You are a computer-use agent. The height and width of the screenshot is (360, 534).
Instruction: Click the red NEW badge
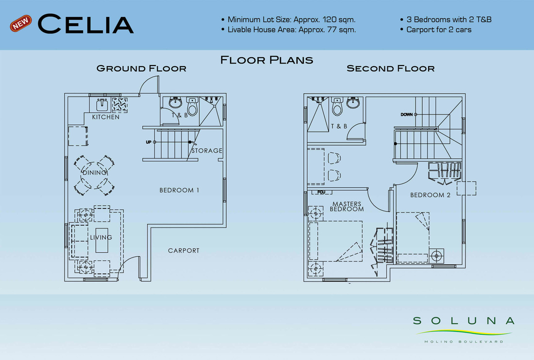point(21,23)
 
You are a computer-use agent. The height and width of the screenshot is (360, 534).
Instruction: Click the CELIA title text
point(85,24)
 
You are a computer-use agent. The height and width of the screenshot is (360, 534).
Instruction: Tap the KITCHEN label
point(106,117)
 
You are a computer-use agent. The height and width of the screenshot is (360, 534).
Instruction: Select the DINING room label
point(95,173)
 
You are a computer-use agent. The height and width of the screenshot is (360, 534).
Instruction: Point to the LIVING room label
point(101,237)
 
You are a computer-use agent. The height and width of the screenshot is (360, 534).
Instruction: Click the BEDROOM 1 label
point(179,190)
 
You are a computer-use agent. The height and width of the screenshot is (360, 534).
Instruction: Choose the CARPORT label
point(184,250)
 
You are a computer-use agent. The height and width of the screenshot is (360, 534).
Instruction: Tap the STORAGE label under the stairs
point(207,150)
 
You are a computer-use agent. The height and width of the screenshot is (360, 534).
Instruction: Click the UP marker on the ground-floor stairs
point(149,142)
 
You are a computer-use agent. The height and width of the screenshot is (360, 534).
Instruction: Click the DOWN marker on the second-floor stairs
point(407,115)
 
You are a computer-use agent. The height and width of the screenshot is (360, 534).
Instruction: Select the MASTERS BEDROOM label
point(347,206)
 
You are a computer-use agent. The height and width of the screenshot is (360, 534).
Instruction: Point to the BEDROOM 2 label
point(430,195)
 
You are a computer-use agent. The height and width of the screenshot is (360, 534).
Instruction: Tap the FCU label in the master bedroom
point(321,192)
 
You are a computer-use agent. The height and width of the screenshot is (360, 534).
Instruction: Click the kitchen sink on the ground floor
point(102,105)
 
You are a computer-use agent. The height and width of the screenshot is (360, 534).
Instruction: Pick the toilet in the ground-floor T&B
point(192,106)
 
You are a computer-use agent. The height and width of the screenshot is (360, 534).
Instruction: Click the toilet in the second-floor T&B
point(337,106)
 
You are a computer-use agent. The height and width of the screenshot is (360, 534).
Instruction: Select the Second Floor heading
point(391,68)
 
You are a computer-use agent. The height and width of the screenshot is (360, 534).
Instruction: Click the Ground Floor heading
point(141,68)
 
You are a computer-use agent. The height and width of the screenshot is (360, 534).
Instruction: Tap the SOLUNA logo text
point(464,321)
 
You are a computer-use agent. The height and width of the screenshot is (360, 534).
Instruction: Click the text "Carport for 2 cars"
point(439,30)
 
